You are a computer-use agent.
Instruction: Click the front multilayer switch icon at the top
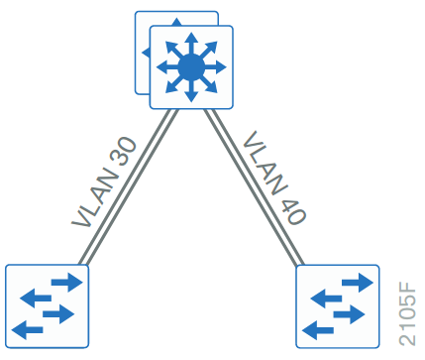point(190,66)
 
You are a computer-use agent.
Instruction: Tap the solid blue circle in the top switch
point(190,66)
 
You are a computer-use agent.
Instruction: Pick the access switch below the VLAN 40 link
point(337,305)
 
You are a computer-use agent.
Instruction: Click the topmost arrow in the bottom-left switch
point(65,284)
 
